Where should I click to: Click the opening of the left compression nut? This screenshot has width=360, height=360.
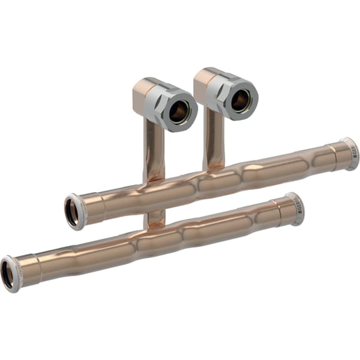point(179,112)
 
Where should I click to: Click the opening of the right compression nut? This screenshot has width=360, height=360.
point(241,101)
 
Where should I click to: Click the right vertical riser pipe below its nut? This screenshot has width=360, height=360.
point(213,141)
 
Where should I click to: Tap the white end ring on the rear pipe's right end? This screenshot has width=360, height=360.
point(352,153)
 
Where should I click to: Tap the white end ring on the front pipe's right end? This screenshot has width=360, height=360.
point(296,208)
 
